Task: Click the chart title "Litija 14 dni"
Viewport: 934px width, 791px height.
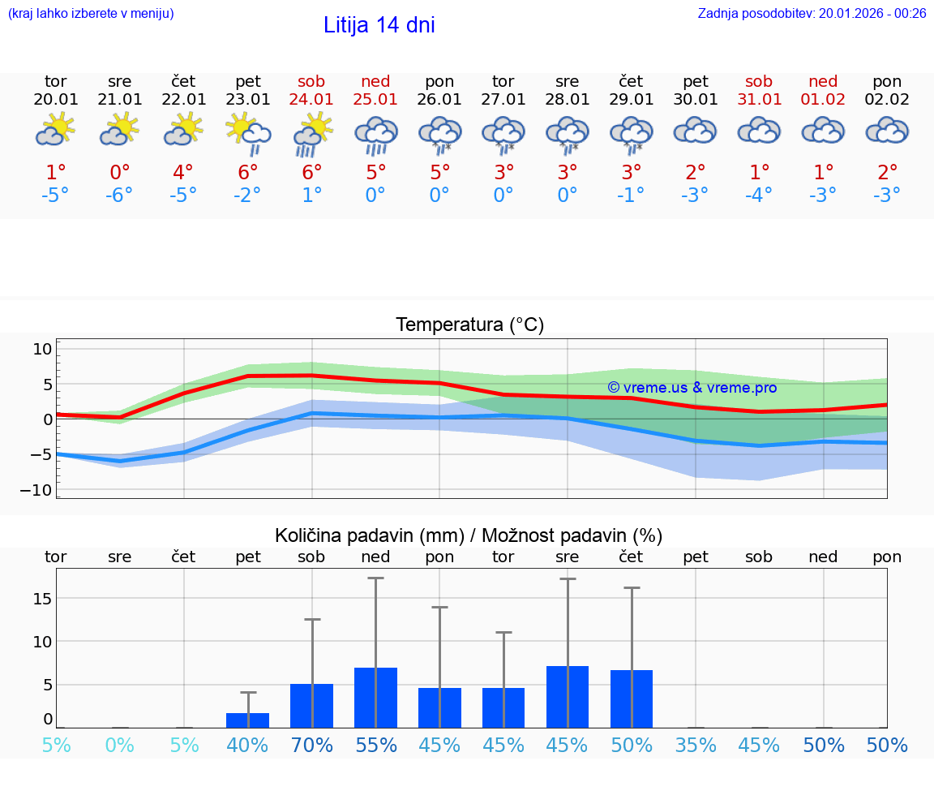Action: tap(379, 25)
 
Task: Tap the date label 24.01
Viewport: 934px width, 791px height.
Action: tap(311, 100)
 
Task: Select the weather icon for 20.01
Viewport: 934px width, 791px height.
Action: tap(55, 130)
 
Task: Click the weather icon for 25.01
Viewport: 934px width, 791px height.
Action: tap(375, 134)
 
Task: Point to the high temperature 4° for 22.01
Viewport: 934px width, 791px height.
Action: tap(183, 172)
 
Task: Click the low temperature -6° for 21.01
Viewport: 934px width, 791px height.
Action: tap(119, 196)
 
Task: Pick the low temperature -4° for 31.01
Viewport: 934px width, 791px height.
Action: tap(759, 196)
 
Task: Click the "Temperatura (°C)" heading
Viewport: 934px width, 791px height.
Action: tap(469, 325)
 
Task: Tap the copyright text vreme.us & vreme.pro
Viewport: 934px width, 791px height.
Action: tap(692, 388)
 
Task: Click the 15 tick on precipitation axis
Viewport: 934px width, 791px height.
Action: tap(42, 599)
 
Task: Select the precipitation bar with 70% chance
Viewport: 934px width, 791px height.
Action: tap(312, 706)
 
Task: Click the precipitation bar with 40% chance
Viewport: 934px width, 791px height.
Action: tap(247, 720)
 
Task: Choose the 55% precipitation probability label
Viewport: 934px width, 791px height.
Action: tap(375, 746)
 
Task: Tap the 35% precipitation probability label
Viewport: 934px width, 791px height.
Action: tap(696, 746)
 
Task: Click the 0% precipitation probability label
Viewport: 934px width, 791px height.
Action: tap(119, 746)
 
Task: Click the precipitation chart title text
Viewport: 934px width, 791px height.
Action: tap(469, 535)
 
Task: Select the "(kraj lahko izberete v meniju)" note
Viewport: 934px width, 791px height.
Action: tap(91, 13)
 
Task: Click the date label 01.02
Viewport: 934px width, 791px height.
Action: tap(823, 100)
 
